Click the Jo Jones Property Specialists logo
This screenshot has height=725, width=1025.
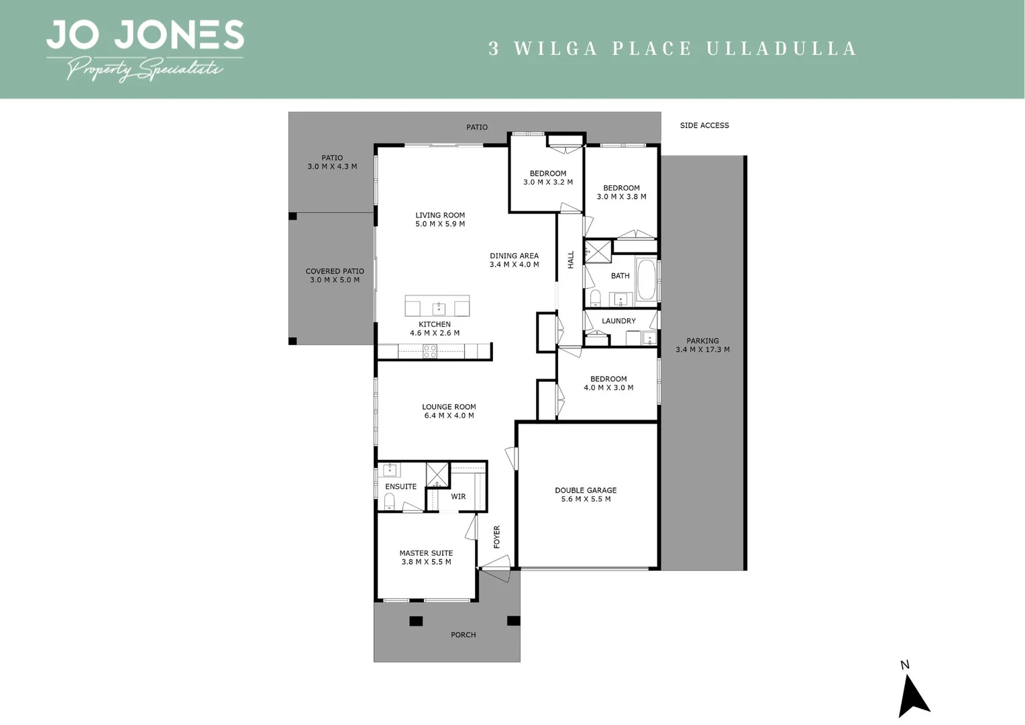click(x=144, y=49)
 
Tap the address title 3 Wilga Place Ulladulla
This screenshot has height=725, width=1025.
click(x=673, y=49)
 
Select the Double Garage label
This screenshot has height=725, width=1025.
click(x=586, y=491)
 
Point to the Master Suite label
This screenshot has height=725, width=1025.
click(x=426, y=554)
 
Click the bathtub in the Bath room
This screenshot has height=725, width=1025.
click(x=646, y=279)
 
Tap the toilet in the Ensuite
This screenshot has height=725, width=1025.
click(x=389, y=501)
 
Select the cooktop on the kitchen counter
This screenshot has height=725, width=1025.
click(x=429, y=350)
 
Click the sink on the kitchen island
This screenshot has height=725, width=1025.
click(x=439, y=309)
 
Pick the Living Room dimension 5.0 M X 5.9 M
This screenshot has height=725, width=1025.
click(x=440, y=224)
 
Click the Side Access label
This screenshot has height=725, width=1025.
click(x=704, y=126)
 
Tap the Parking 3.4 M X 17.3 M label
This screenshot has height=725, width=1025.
click(x=702, y=345)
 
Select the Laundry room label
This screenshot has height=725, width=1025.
click(x=618, y=321)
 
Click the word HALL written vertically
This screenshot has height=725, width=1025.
click(x=571, y=260)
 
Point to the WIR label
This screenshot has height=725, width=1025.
click(x=458, y=497)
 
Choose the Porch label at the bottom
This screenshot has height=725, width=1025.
click(x=464, y=635)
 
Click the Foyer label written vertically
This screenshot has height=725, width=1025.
click(x=497, y=537)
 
